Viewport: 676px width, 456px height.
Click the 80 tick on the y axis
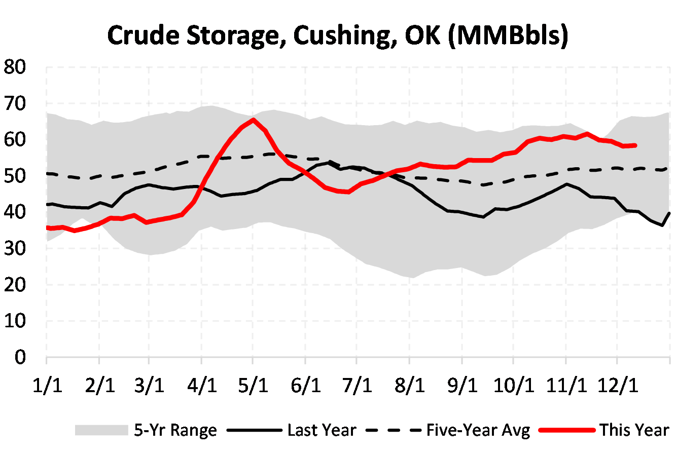(15, 67)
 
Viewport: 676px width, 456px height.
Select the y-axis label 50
(15, 176)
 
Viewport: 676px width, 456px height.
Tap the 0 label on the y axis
(20, 357)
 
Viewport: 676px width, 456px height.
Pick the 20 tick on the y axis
(15, 285)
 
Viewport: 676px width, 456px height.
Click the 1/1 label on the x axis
(47, 386)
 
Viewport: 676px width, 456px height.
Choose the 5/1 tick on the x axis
(253, 386)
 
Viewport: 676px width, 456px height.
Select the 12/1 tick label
(617, 386)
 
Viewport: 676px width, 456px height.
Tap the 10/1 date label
(514, 386)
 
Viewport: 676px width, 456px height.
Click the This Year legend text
(634, 430)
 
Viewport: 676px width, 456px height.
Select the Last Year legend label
(322, 430)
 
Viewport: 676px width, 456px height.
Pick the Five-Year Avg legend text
(478, 430)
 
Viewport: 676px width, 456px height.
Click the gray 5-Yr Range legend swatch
(101, 430)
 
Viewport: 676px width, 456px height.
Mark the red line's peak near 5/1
(253, 120)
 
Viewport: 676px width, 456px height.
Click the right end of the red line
(635, 145)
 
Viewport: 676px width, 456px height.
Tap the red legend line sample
(566, 430)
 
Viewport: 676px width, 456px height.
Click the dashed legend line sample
(393, 430)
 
